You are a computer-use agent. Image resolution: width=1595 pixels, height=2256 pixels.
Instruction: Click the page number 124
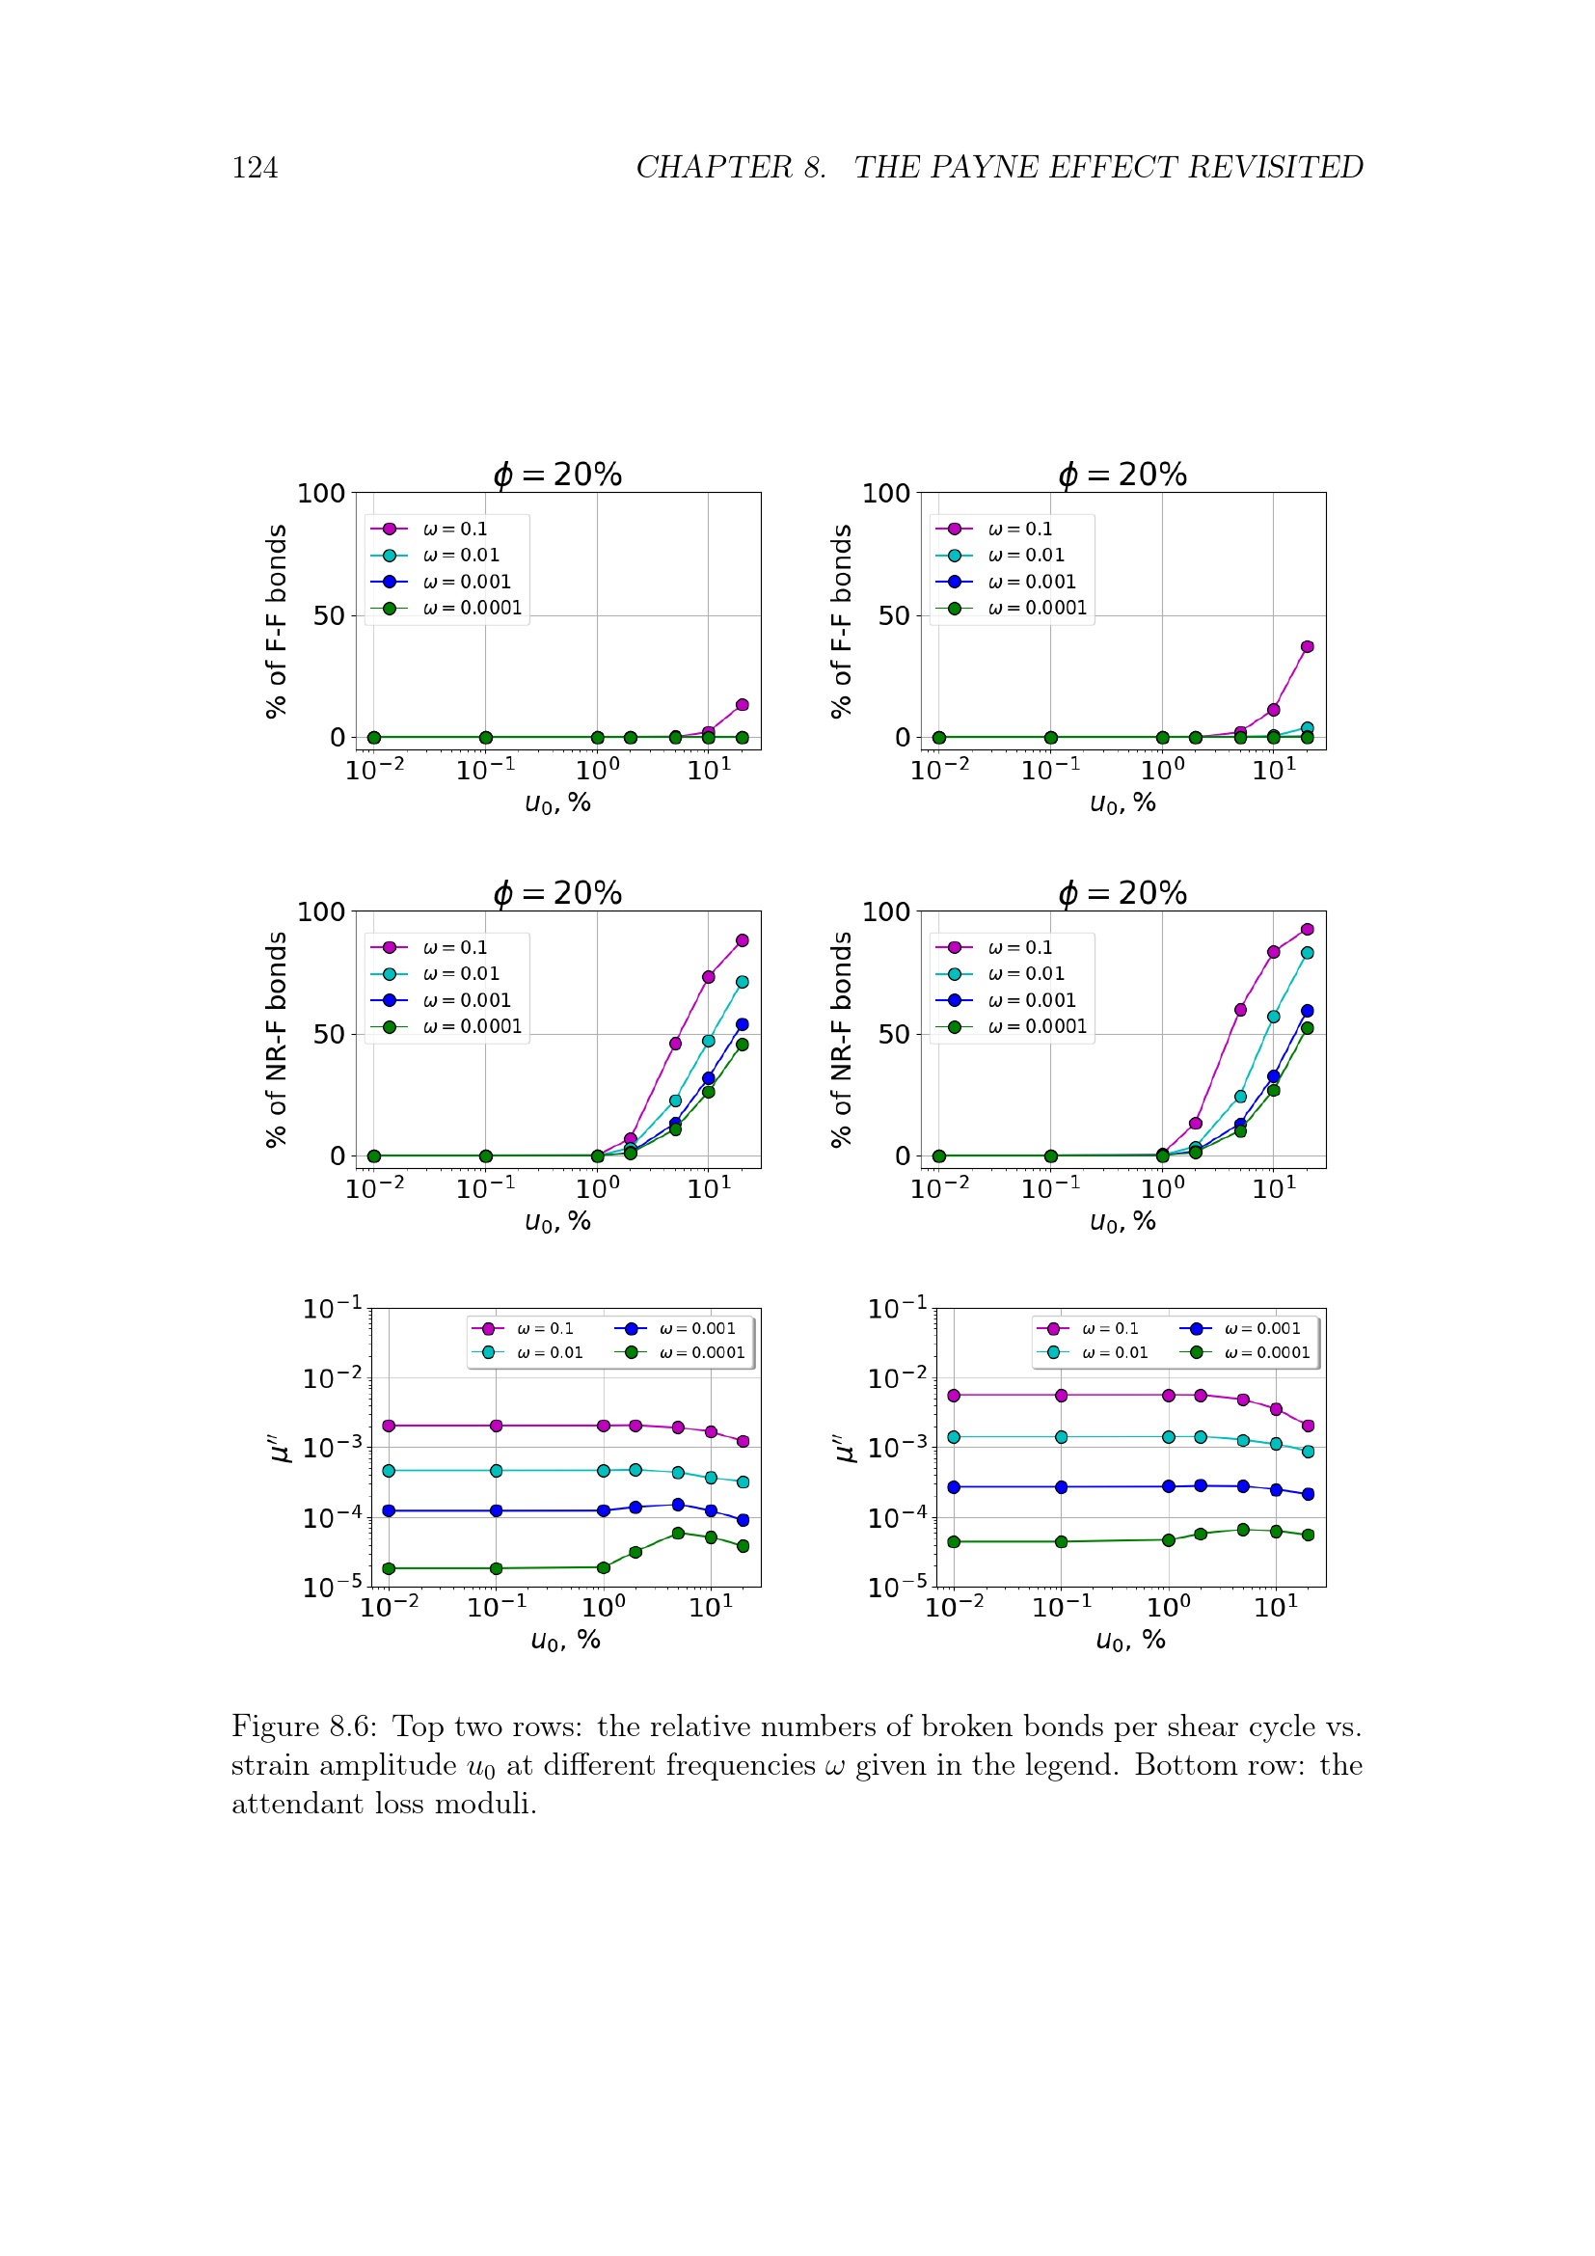pos(255,168)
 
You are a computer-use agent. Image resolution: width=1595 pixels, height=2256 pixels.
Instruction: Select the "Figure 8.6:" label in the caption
pos(304,1726)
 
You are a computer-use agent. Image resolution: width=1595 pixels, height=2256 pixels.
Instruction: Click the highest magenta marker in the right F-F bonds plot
pos(1308,646)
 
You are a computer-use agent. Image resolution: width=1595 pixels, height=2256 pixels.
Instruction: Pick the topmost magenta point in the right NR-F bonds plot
pos(1308,930)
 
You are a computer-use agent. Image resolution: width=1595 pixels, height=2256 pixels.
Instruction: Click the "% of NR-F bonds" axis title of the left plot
pos(277,1039)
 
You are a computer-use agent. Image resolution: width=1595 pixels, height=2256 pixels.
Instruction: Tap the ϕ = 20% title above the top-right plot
pos(1122,475)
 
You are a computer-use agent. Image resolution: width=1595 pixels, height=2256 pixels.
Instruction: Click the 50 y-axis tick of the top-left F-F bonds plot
pos(329,616)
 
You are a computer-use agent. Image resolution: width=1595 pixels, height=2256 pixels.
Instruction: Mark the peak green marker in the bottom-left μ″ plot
pos(678,1533)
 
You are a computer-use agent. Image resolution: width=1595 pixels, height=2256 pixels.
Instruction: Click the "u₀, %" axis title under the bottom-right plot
pos(1129,1640)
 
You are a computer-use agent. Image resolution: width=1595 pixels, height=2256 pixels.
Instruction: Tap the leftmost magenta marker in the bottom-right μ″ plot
pos(954,1396)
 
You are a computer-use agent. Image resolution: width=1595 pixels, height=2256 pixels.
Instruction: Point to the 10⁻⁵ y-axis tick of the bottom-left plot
pos(333,1586)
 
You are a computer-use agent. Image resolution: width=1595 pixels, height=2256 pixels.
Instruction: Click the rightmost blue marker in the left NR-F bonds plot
pos(743,1025)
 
